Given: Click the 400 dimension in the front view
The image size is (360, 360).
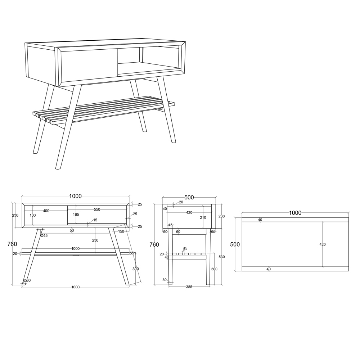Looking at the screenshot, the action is click(x=46, y=211).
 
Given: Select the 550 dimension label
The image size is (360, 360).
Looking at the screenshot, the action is click(x=97, y=210).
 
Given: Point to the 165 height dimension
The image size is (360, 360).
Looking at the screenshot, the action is click(x=76, y=215).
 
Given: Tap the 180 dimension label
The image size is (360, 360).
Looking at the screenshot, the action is click(x=33, y=215).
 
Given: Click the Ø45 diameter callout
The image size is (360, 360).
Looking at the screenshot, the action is click(x=44, y=235).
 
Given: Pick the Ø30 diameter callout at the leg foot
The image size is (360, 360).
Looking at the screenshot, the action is click(x=27, y=280).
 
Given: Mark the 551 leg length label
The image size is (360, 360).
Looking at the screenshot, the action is click(x=133, y=253).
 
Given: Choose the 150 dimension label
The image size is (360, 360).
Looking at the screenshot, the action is click(x=121, y=231).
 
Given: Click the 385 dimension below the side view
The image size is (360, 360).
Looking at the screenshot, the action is click(x=189, y=287).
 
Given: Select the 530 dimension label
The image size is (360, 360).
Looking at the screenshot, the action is click(x=221, y=257).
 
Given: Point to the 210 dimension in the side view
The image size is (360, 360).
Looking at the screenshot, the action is click(x=203, y=217).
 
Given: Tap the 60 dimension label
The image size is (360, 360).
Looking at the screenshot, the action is click(x=178, y=232).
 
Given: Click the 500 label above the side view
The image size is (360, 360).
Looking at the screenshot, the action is click(x=189, y=197).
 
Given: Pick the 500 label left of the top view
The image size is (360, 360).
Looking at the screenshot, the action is click(x=235, y=244).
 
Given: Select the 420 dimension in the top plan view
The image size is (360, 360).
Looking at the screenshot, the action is click(x=323, y=244).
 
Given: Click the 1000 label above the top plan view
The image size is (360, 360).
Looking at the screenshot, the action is click(x=295, y=213).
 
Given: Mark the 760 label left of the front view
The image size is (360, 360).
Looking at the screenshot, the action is click(x=12, y=244).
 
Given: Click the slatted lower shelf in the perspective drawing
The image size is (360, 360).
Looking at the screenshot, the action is click(x=103, y=110).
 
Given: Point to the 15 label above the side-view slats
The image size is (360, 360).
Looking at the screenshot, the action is click(x=185, y=248).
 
